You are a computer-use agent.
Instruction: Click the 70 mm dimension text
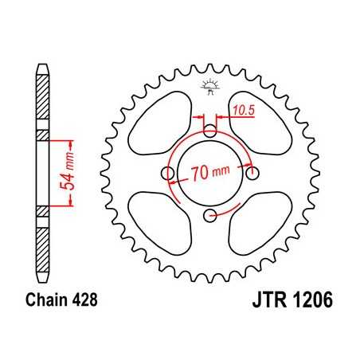click(x=211, y=170)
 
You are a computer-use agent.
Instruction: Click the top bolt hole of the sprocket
click(x=209, y=130)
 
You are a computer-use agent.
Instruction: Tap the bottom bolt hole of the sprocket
click(x=209, y=216)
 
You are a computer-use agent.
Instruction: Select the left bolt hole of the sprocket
click(x=166, y=173)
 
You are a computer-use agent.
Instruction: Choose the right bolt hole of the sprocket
click(x=253, y=173)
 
